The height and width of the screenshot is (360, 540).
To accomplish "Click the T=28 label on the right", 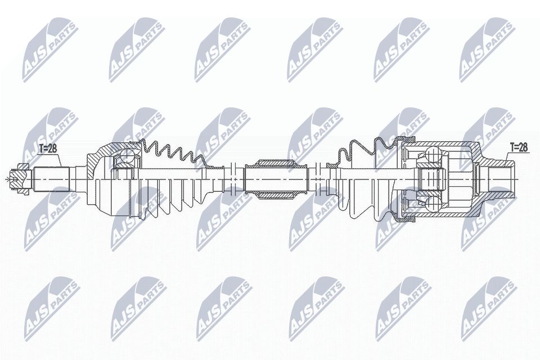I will tap(518, 147).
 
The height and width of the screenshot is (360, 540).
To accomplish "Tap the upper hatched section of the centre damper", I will tap(276, 164).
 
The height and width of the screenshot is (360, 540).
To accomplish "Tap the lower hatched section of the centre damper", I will tap(276, 195).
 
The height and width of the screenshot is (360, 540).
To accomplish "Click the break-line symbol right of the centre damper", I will tap(318, 179).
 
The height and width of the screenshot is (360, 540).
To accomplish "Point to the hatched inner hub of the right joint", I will tap(430, 179).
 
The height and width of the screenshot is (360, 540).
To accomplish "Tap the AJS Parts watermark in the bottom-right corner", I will tap(487, 307).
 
